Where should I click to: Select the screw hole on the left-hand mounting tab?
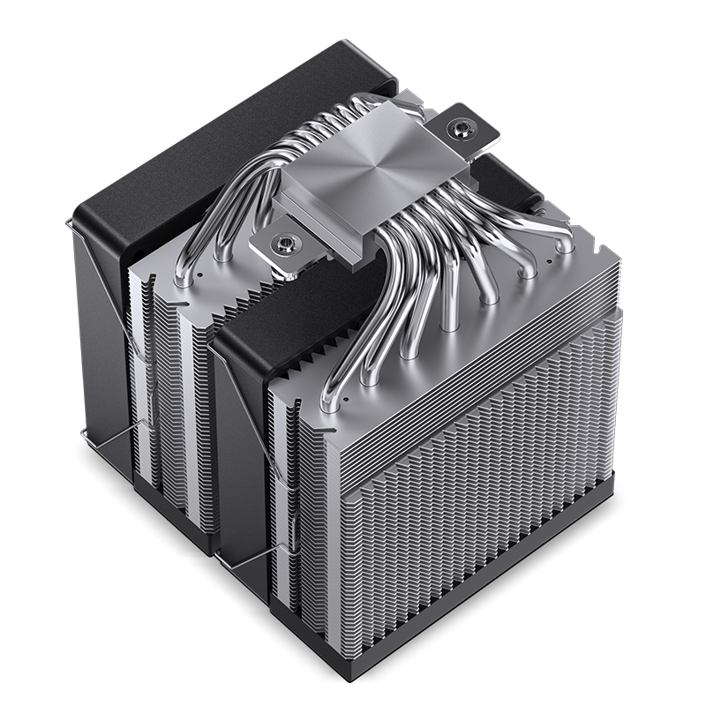click(x=285, y=239)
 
